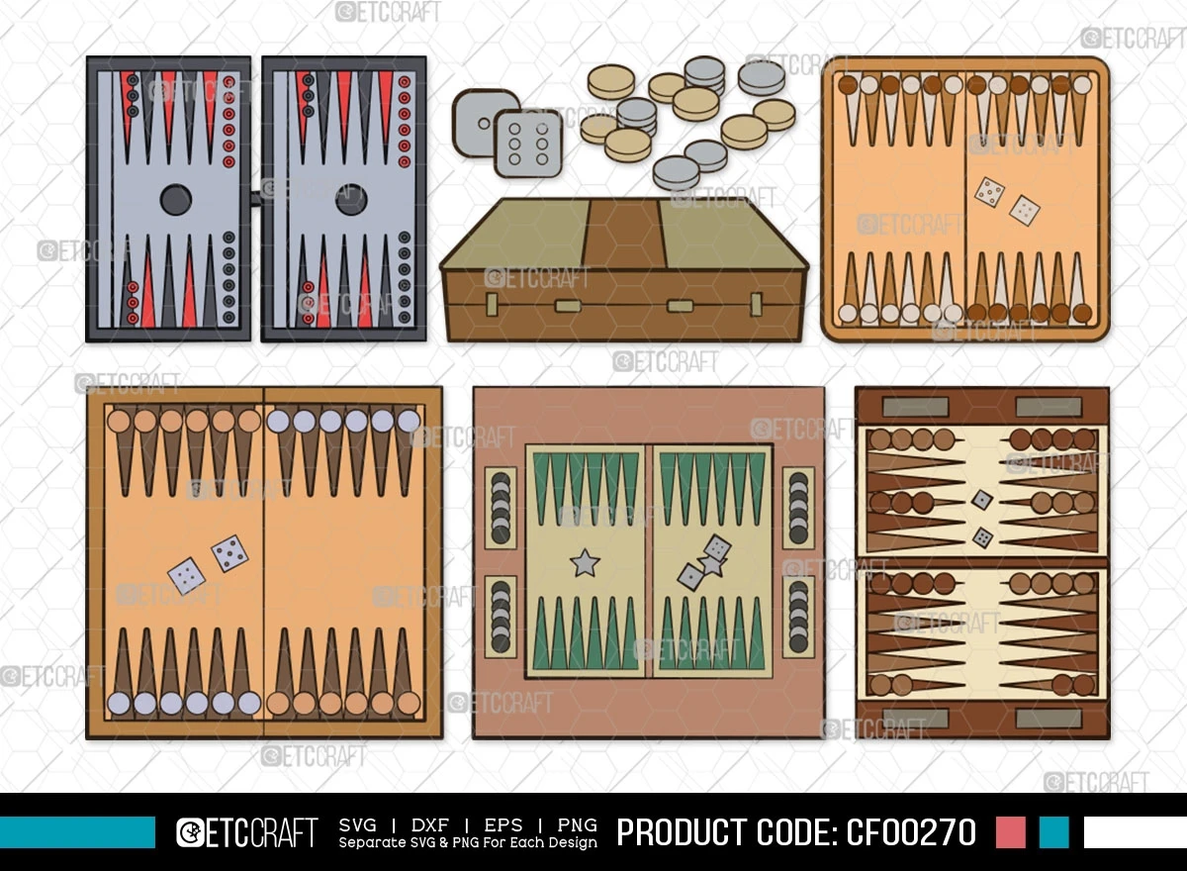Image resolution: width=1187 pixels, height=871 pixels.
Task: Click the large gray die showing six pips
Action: point(528,144)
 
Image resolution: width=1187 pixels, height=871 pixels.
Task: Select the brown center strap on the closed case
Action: point(625,234)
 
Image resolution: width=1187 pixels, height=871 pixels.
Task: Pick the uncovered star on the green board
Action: point(585,562)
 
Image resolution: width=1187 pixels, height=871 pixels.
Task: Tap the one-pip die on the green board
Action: point(690,576)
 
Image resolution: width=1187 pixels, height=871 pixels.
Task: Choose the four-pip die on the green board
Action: point(717,547)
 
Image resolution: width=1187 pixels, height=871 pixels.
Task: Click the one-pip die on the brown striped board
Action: point(982,500)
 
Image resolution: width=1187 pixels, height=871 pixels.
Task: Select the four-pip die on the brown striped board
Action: point(982,537)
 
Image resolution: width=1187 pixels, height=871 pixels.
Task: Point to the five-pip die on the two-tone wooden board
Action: point(229,553)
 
